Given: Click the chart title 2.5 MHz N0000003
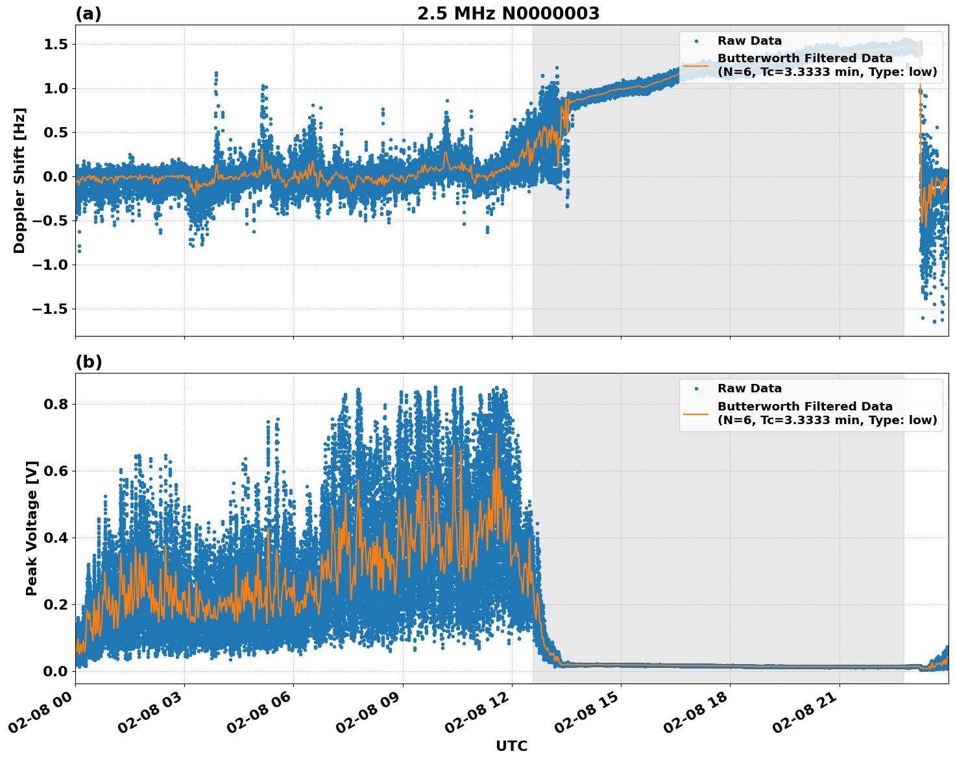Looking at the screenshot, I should pos(508,14).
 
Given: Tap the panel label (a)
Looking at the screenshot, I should pos(88,14).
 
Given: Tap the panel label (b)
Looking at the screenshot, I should pos(88,362).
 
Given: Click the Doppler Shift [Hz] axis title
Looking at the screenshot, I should pos(19,180).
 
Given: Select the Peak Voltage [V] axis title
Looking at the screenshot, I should pos(31,528).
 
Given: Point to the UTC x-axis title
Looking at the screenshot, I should pos(511,746).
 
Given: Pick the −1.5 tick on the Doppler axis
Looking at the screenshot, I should pos(50,309).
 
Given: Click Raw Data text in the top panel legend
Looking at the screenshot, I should pos(749,41).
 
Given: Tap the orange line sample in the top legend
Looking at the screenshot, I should pos(696,65).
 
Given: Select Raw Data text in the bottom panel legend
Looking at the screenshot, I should pos(749,388).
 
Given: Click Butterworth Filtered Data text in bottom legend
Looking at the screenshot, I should pos(804,407).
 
